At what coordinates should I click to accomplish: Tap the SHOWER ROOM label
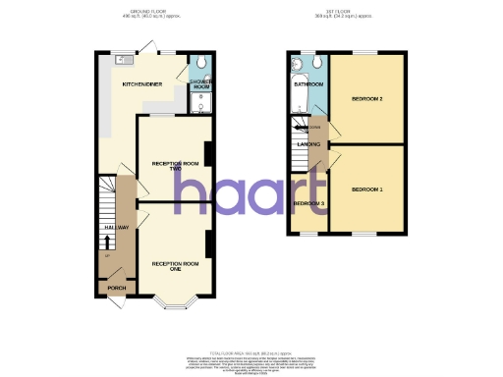pyautogui.click(x=201, y=84)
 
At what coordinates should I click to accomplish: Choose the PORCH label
pyautogui.click(x=117, y=288)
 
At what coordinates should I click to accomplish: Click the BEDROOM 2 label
pyautogui.click(x=366, y=99)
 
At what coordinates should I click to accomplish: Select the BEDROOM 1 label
pyautogui.click(x=366, y=188)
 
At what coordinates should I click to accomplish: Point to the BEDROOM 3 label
pyautogui.click(x=308, y=204)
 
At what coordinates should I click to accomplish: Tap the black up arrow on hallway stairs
pyautogui.click(x=107, y=242)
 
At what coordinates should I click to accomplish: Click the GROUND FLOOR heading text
pyautogui.click(x=142, y=13)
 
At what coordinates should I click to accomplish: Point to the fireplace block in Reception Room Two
pyautogui.click(x=208, y=157)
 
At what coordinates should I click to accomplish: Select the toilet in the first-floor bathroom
pyautogui.click(x=319, y=64)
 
